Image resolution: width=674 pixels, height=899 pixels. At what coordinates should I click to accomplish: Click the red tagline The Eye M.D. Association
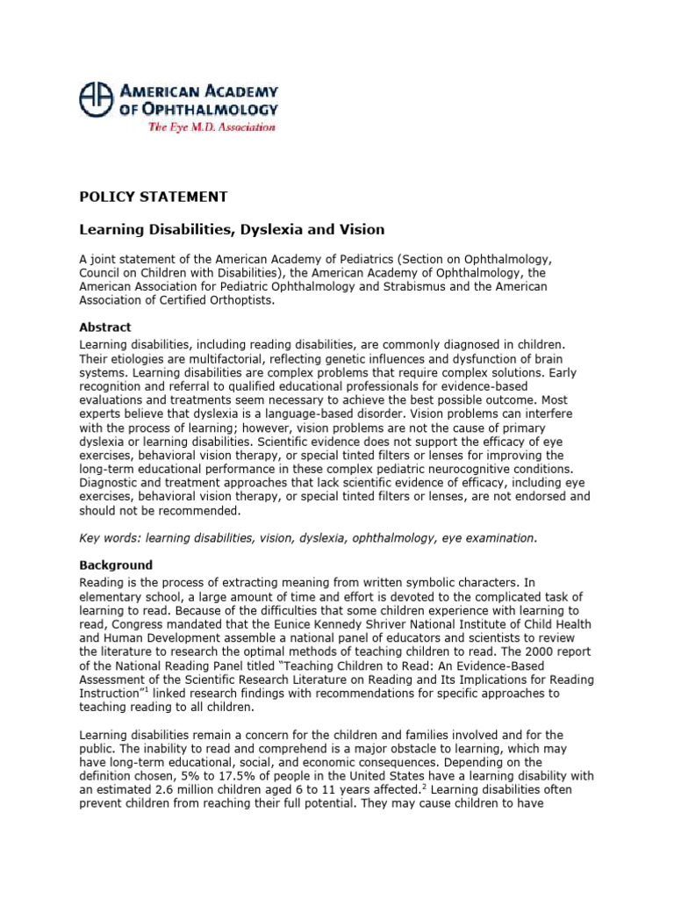click(x=211, y=127)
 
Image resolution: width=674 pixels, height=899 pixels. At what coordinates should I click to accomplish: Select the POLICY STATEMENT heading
click(x=154, y=197)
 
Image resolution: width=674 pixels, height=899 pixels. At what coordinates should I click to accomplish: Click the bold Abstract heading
click(x=105, y=327)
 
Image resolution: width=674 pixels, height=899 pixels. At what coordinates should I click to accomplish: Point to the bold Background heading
click(x=116, y=565)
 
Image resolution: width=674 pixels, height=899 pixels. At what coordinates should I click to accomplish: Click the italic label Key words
click(x=109, y=537)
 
